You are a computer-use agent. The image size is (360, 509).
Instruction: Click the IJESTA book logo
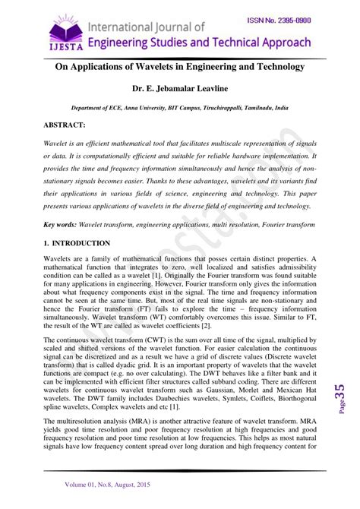[x=65, y=30]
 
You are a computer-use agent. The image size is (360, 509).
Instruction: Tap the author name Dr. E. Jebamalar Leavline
[x=180, y=88]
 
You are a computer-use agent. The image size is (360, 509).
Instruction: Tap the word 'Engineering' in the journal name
[x=128, y=43]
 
